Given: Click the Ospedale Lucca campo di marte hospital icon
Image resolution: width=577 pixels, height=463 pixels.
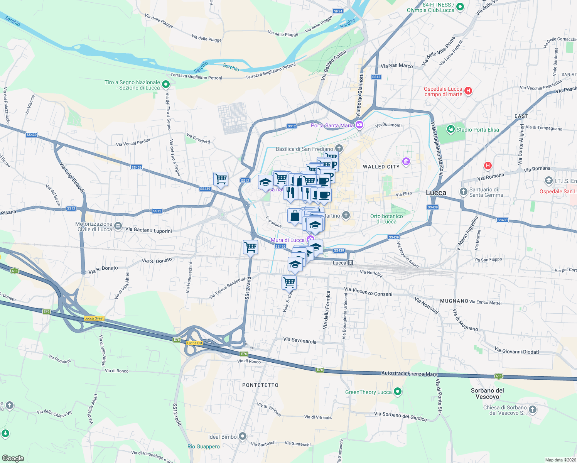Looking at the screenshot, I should [468, 91].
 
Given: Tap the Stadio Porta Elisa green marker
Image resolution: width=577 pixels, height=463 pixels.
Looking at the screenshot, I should [450, 129].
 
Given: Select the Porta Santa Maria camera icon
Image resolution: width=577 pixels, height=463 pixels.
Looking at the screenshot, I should [359, 125].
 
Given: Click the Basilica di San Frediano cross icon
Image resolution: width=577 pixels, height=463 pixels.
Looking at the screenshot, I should [339, 148].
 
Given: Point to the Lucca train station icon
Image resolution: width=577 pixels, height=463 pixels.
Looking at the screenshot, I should [350, 263].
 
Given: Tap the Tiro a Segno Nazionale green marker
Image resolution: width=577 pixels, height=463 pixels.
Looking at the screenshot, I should [166, 84].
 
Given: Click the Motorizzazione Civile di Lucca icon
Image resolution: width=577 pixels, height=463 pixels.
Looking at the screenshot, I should [118, 226].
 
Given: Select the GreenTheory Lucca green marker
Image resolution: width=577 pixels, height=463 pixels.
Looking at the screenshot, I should [398, 392].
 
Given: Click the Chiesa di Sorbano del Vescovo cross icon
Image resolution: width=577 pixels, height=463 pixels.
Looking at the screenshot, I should [533, 410].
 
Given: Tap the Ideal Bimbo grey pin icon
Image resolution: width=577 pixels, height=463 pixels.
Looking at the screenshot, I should [243, 436].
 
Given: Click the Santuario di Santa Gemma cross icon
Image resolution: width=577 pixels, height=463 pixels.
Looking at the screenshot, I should [464, 191].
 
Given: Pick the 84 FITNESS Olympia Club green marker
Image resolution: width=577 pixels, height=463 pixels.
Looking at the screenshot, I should [460, 7].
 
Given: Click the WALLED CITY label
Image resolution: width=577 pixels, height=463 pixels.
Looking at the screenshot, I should [381, 167].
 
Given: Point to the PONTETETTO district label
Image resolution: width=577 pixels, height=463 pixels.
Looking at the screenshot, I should [260, 385].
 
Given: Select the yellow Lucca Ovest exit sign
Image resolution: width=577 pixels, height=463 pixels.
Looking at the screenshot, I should [94, 318].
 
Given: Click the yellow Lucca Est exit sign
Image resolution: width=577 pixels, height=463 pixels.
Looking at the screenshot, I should [194, 343].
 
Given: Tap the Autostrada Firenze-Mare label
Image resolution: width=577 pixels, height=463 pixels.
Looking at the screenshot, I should [409, 374].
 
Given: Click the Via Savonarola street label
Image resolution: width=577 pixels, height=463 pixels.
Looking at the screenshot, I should [300, 341].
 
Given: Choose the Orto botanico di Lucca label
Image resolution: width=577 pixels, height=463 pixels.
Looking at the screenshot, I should [386, 219].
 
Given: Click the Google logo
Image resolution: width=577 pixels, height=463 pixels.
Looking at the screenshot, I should [13, 458].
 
